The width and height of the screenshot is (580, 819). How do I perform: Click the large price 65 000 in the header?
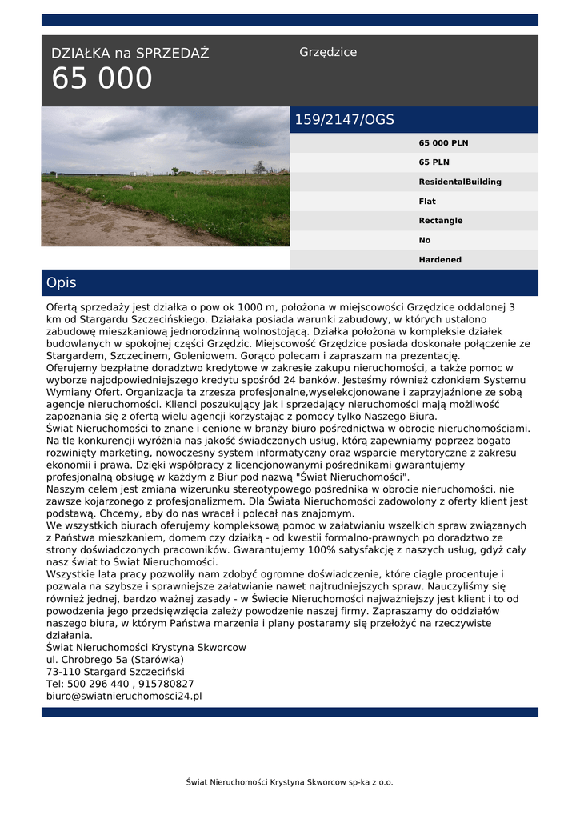[102, 79]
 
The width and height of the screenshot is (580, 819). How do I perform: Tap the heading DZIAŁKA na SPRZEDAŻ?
[130, 54]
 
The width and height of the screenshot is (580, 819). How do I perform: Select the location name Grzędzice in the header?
[328, 52]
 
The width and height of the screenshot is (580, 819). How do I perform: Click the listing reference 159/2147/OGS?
[345, 120]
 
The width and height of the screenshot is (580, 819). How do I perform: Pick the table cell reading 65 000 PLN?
[443, 143]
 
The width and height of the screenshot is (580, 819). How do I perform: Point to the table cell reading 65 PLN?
[434, 162]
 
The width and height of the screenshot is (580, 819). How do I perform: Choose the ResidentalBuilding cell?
[460, 182]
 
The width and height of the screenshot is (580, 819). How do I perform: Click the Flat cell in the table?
[427, 202]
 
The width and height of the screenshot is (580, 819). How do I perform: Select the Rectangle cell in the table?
[440, 221]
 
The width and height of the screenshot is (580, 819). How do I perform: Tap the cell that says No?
[425, 240]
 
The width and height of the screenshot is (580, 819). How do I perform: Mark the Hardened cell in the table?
[440, 260]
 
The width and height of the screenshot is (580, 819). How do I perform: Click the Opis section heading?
[62, 283]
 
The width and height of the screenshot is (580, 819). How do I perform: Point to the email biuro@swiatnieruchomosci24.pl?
[124, 697]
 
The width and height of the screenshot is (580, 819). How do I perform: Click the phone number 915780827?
[166, 685]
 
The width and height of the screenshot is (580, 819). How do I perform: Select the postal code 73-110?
[62, 672]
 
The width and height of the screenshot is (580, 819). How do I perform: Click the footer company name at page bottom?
[290, 782]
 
